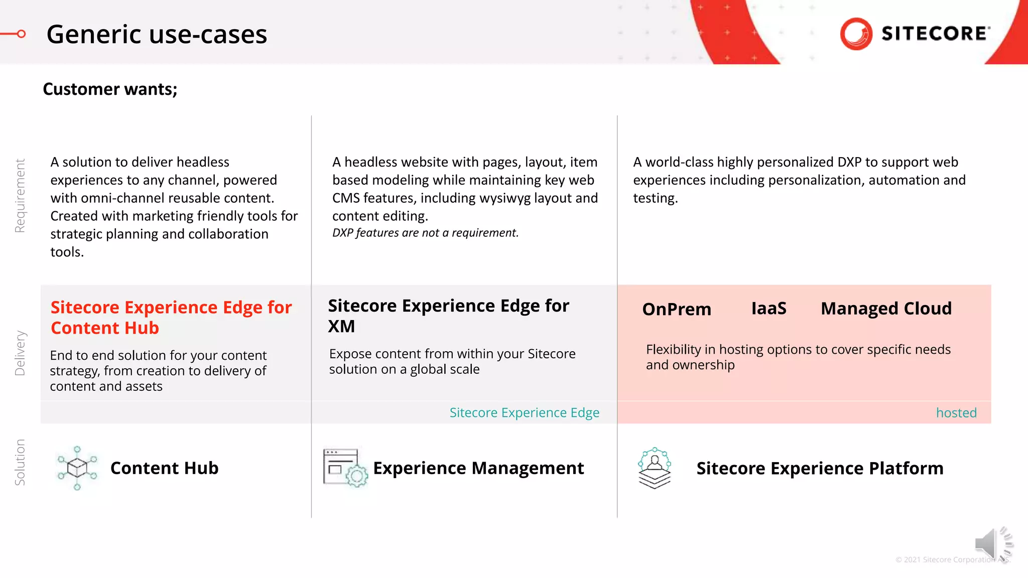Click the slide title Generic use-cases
coord(157,35)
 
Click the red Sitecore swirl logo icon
coord(856,34)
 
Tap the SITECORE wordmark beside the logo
coord(935,34)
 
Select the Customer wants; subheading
coord(110,89)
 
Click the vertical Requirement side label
coord(20,196)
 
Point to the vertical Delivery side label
coord(20,353)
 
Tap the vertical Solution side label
coord(20,462)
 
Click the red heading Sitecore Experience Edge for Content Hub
coord(171,317)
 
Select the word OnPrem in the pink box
coord(676,309)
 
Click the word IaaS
coord(768,308)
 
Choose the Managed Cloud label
coord(886,308)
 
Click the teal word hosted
coord(956,413)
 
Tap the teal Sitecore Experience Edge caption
coord(524,412)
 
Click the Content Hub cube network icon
coord(77,468)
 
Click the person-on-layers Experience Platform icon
coord(654,468)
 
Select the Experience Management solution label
coord(478,468)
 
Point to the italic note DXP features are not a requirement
coord(425,233)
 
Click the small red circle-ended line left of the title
coord(14,34)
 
